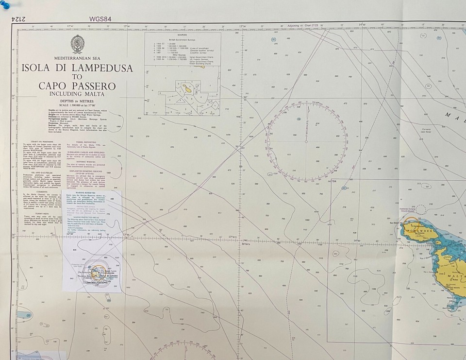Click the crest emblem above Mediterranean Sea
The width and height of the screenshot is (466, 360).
tap(77, 45)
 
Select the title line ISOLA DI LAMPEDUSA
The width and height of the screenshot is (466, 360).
tap(77, 68)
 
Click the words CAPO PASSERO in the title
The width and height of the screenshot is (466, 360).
tap(77, 86)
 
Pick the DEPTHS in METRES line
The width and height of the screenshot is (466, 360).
tap(77, 101)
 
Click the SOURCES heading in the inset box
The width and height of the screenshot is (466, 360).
tap(183, 35)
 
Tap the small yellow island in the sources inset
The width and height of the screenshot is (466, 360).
tap(186, 89)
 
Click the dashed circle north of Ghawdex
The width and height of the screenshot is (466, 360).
tap(420, 209)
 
